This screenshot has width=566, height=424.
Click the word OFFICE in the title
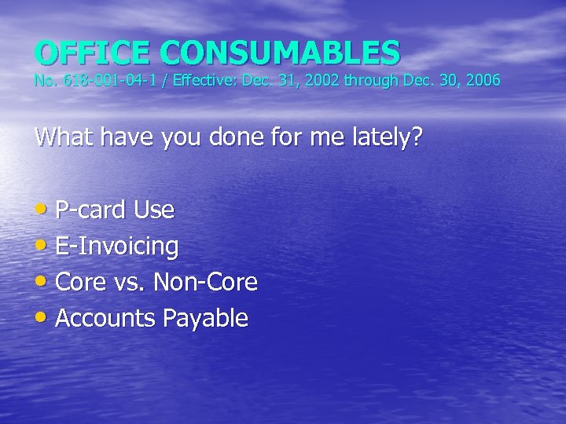tap(94, 53)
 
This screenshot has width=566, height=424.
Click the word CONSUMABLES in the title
tap(281, 53)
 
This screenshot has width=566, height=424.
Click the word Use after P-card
tap(154, 210)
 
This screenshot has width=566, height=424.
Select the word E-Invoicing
tap(117, 247)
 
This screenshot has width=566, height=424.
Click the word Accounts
tap(106, 318)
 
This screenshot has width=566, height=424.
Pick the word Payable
tap(205, 318)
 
